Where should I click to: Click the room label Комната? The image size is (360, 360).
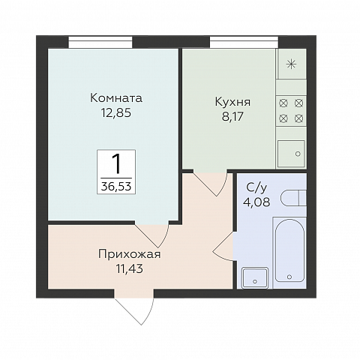point(115,98)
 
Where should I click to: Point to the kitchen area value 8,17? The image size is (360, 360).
point(232,117)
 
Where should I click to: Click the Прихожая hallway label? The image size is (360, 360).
point(129,253)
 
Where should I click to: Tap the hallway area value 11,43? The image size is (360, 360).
point(129,267)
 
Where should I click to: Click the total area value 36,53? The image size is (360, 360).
point(116,184)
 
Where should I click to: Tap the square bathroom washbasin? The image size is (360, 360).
point(255,275)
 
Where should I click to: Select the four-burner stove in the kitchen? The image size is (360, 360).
point(291,109)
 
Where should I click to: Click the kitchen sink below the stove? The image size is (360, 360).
point(291,152)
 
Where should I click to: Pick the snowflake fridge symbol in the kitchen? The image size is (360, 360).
point(291,63)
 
